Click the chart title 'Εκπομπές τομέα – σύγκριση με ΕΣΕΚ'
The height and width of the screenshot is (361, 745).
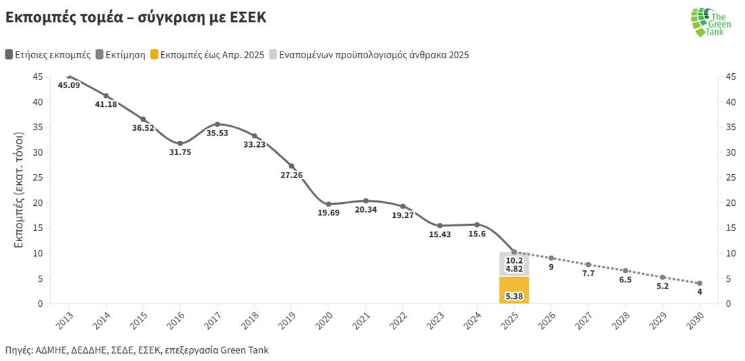pos(135,18)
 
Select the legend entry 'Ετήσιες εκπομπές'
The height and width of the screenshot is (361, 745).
pos(48,55)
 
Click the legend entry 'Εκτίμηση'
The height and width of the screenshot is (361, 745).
pos(121,55)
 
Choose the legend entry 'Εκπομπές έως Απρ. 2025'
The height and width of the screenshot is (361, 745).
pos(206,55)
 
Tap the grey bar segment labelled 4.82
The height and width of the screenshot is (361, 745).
pos(514,264)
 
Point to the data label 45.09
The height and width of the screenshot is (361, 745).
pos(69,85)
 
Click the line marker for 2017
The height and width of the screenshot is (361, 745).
pos(217,124)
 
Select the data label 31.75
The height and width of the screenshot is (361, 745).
pos(180,152)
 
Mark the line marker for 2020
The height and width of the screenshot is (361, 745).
pos(328,204)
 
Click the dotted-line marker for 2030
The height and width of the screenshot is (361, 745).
pos(700,283)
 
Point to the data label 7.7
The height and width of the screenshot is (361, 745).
pos(588,274)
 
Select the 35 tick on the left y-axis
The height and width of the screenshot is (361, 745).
pos(38,127)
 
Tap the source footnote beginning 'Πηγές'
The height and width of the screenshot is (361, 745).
pos(137,350)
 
